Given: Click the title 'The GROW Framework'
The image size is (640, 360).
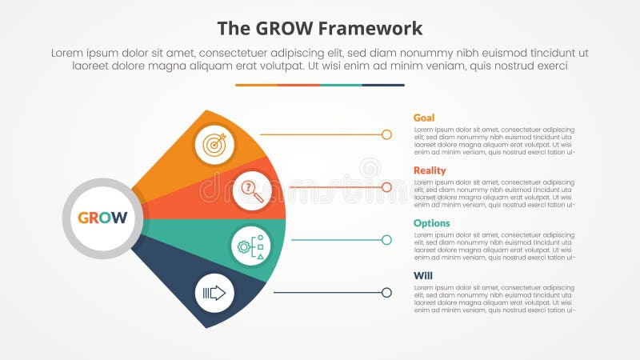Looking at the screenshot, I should click(320, 29).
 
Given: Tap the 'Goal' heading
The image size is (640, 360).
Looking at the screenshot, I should click(424, 118).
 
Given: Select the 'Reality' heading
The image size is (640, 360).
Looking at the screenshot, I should click(430, 170).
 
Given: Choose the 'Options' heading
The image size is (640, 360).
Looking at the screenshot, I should click(431, 223).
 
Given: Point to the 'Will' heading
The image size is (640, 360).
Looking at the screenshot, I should click(422, 276).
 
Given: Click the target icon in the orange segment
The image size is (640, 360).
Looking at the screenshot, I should click(214, 144).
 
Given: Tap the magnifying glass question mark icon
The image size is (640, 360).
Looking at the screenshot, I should click(252, 190).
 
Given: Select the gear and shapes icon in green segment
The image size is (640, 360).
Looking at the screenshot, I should click(252, 246).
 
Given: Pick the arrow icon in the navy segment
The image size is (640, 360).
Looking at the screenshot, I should click(214, 293).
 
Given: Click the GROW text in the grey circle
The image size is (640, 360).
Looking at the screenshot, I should click(102, 218).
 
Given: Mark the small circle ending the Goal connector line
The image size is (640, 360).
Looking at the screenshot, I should click(386, 134).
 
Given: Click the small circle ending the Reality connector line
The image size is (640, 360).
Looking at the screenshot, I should click(386, 187).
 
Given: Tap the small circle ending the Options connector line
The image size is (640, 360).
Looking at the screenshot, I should click(386, 240).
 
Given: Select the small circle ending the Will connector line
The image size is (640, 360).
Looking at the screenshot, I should click(386, 293).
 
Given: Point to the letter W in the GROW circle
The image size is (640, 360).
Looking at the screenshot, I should click(120, 218).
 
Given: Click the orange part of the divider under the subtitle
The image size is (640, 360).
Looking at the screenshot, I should click(256, 85).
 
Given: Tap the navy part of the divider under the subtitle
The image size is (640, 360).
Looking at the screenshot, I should click(383, 85).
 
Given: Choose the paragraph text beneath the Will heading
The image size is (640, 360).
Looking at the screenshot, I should click(494, 298).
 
